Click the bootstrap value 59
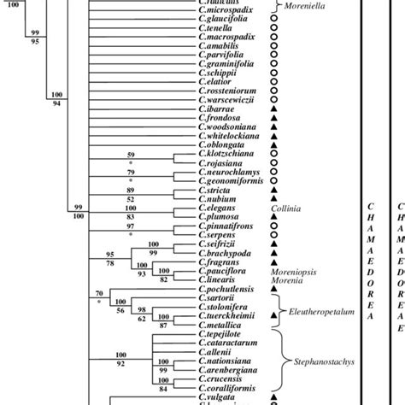pyautogui.click(x=131, y=154)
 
